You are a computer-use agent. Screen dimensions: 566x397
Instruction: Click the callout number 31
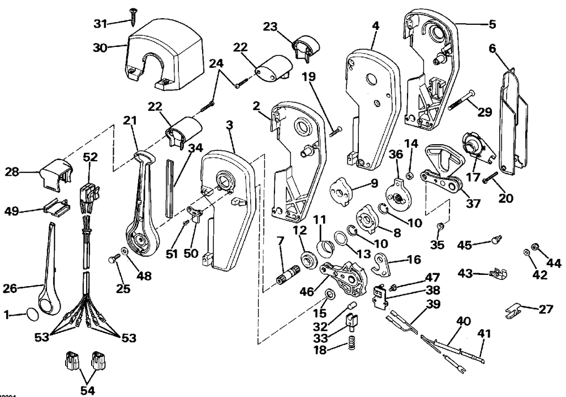[x=101, y=24]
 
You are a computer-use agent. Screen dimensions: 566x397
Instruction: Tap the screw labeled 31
[x=133, y=16]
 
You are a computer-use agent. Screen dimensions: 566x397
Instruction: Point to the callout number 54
[x=87, y=390]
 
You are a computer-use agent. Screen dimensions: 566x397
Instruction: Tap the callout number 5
[x=492, y=24]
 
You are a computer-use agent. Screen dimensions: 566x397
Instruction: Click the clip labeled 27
[x=513, y=311]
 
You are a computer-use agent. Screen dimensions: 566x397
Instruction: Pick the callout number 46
[x=307, y=291]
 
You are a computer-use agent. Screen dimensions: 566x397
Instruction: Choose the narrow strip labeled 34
[x=170, y=189]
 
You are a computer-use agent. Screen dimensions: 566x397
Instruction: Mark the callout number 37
[x=473, y=203]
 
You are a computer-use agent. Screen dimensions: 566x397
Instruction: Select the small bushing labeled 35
[x=440, y=227]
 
